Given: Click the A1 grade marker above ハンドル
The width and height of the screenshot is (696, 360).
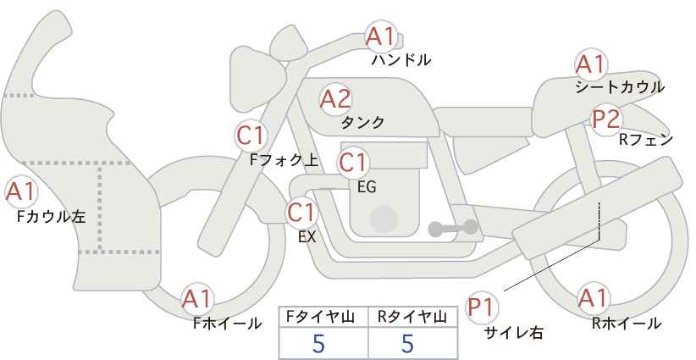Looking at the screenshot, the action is (380, 36).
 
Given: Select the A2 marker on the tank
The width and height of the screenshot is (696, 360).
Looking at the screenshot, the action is (335, 99).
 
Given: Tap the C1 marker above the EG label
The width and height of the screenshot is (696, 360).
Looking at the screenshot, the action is (353, 163).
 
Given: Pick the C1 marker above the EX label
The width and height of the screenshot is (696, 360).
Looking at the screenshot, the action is (301, 213).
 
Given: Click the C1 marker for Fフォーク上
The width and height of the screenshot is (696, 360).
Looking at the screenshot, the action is (251, 136).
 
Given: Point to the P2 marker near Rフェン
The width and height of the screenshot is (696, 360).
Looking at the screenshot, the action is (606, 119).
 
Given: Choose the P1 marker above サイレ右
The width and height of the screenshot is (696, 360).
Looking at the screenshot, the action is (482, 307).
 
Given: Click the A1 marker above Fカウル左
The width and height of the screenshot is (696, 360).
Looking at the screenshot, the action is (21, 192).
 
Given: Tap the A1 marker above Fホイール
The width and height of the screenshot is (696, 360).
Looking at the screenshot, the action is (197, 300).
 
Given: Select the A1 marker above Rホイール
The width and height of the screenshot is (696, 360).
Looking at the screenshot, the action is (593, 298).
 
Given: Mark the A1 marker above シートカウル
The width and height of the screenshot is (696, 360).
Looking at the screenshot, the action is (590, 65).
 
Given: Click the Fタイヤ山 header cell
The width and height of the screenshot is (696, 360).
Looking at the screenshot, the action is (323, 318).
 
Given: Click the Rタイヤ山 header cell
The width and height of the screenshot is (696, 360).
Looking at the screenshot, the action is (413, 318).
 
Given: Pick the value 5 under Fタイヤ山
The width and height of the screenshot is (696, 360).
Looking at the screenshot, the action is (318, 344).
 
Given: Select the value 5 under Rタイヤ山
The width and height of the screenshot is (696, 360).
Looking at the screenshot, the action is (407, 344).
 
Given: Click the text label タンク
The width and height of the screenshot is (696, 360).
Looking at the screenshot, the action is (362, 122).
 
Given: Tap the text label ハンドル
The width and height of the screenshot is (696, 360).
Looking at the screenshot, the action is (401, 59).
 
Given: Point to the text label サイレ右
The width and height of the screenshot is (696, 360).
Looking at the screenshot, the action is (514, 333).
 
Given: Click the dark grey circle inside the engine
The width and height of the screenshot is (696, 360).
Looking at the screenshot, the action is (384, 219).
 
